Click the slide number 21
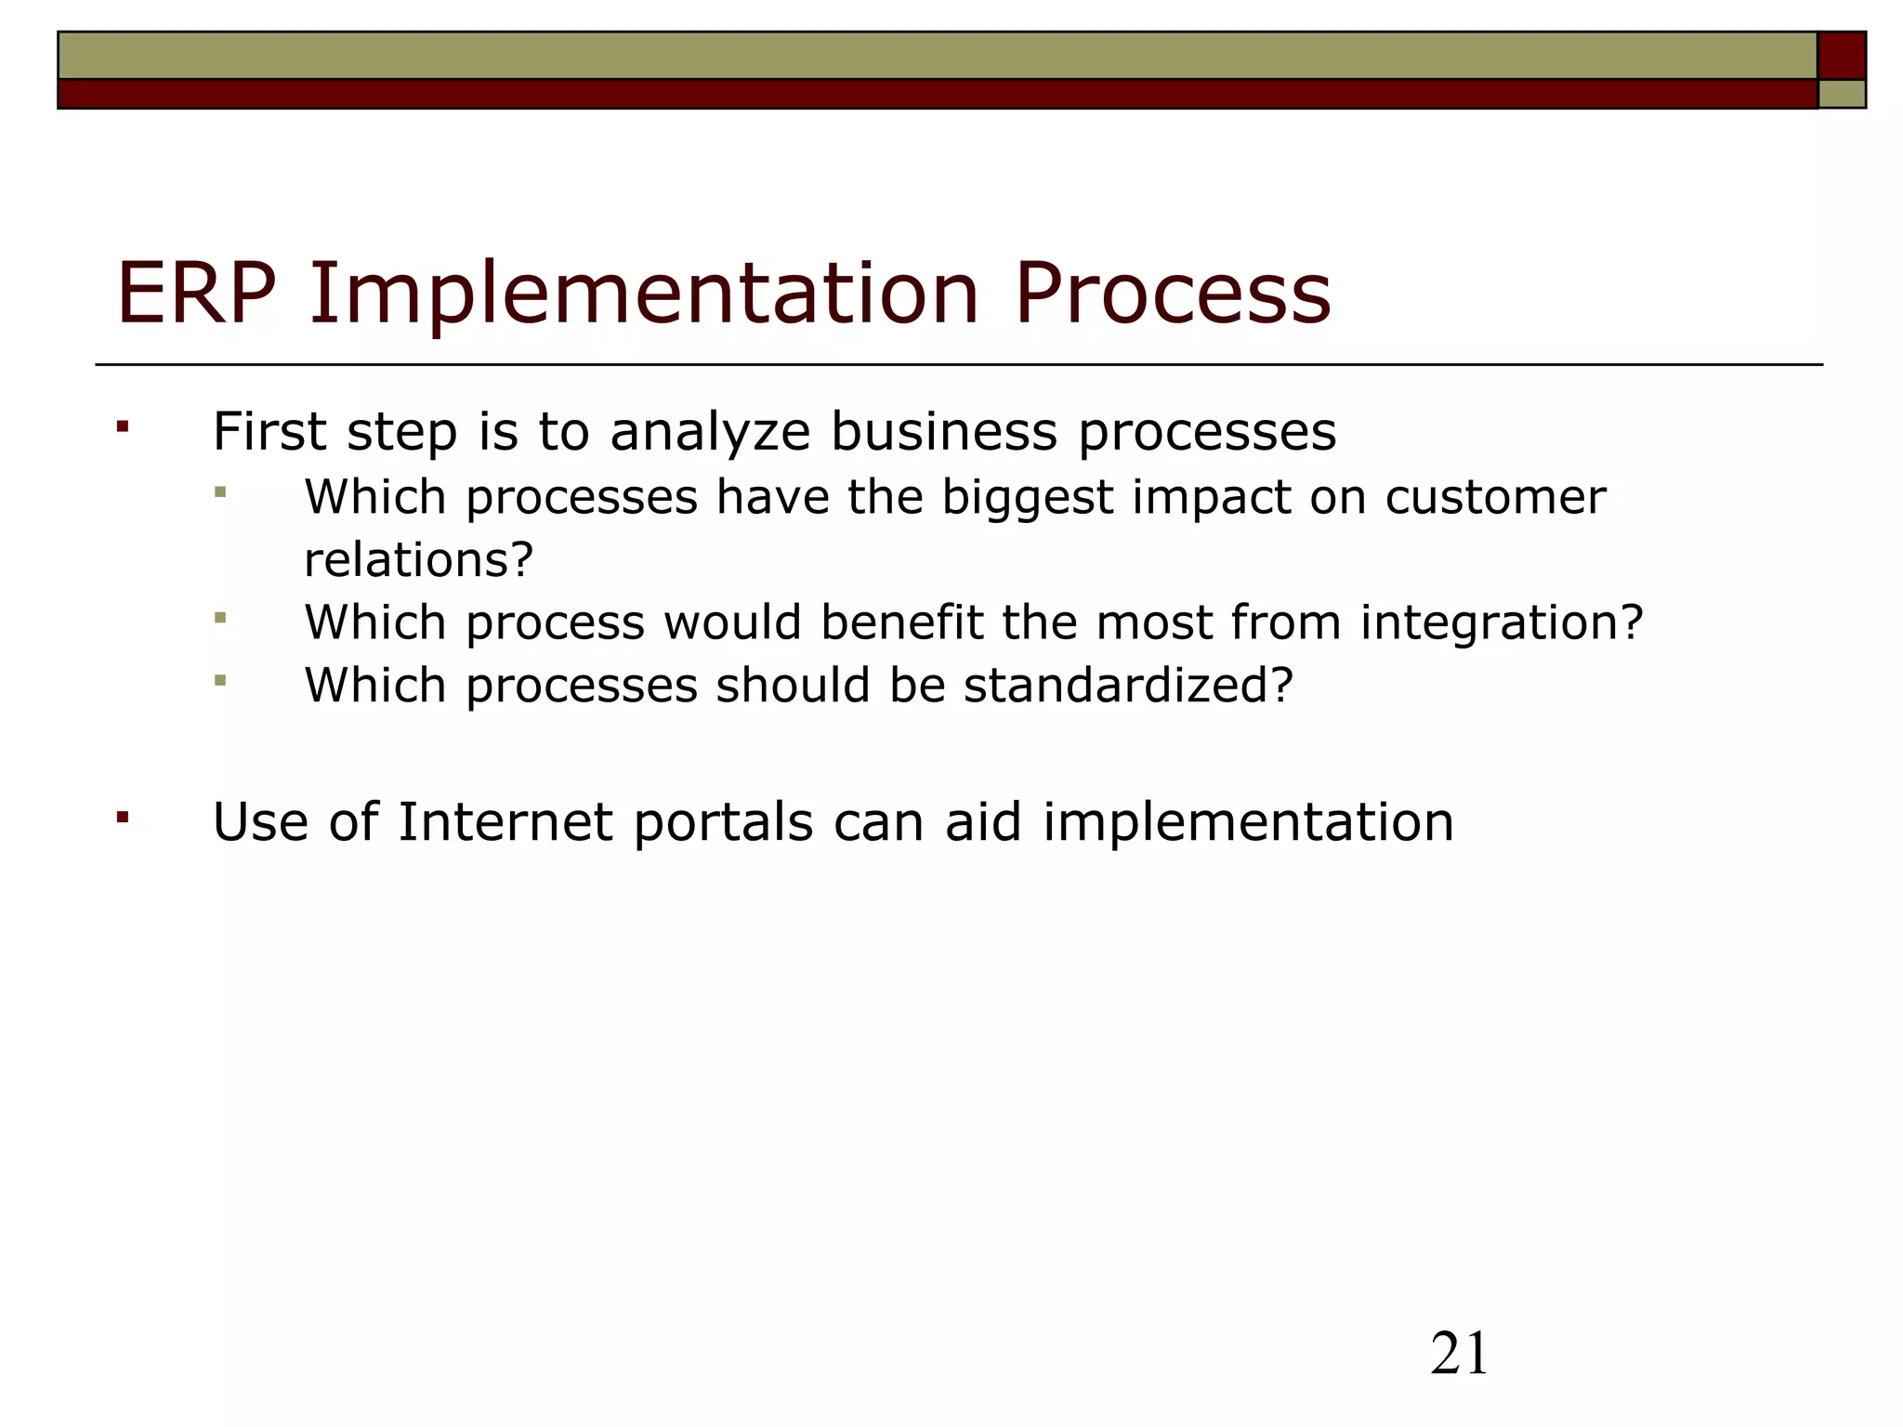click(1459, 1354)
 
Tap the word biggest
click(1027, 498)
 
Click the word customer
click(1495, 497)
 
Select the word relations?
click(419, 559)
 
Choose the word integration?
click(1502, 623)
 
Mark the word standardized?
click(1128, 686)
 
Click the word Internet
click(505, 822)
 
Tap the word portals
click(723, 824)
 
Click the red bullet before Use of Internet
click(122, 818)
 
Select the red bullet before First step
click(122, 427)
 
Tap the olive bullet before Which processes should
click(220, 680)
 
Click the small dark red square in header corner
click(1842, 56)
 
